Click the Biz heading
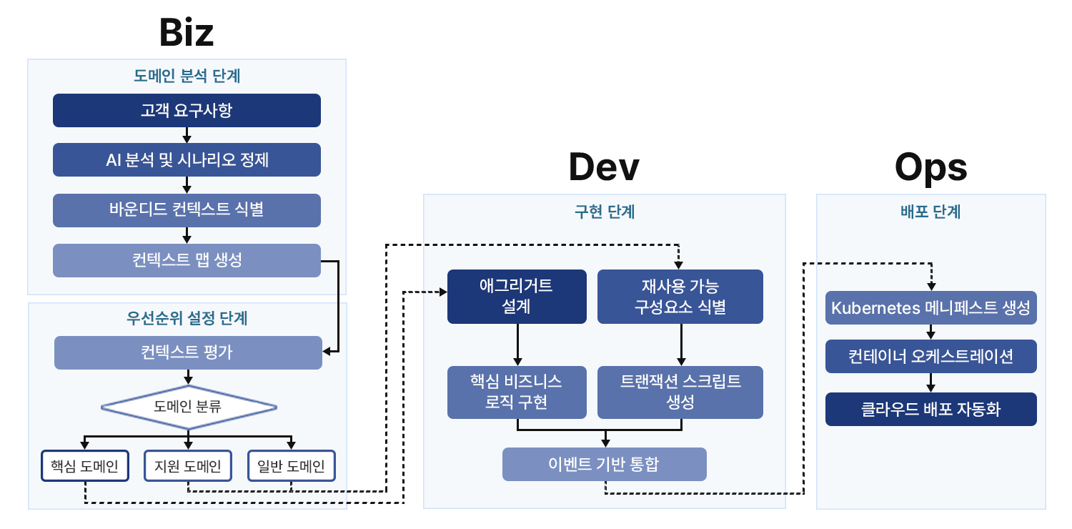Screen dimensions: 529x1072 click(187, 32)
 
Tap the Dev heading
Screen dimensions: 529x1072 click(604, 167)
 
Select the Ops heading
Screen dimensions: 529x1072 click(930, 167)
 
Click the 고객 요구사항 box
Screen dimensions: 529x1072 click(187, 110)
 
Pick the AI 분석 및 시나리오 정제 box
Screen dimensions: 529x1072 click(187, 159)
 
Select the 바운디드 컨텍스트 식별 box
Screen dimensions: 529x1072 click(187, 210)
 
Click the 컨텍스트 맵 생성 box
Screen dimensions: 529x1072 click(187, 260)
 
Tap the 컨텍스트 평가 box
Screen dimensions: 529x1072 click(188, 352)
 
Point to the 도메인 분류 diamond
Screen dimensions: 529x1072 click(188, 407)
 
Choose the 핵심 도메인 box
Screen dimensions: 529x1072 click(85, 466)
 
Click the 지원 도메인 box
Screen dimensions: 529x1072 click(188, 466)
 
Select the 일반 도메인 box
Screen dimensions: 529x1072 click(291, 466)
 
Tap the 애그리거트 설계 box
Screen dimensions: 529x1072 click(517, 296)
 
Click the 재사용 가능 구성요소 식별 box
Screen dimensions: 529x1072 click(680, 296)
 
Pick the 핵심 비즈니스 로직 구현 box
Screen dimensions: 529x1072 click(517, 392)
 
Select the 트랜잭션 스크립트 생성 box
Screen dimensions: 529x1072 click(680, 392)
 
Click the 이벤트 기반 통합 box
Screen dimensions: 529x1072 click(604, 464)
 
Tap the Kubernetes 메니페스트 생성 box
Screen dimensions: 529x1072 click(930, 308)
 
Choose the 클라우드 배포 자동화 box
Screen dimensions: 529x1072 click(930, 409)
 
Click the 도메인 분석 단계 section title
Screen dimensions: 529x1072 click(187, 76)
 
